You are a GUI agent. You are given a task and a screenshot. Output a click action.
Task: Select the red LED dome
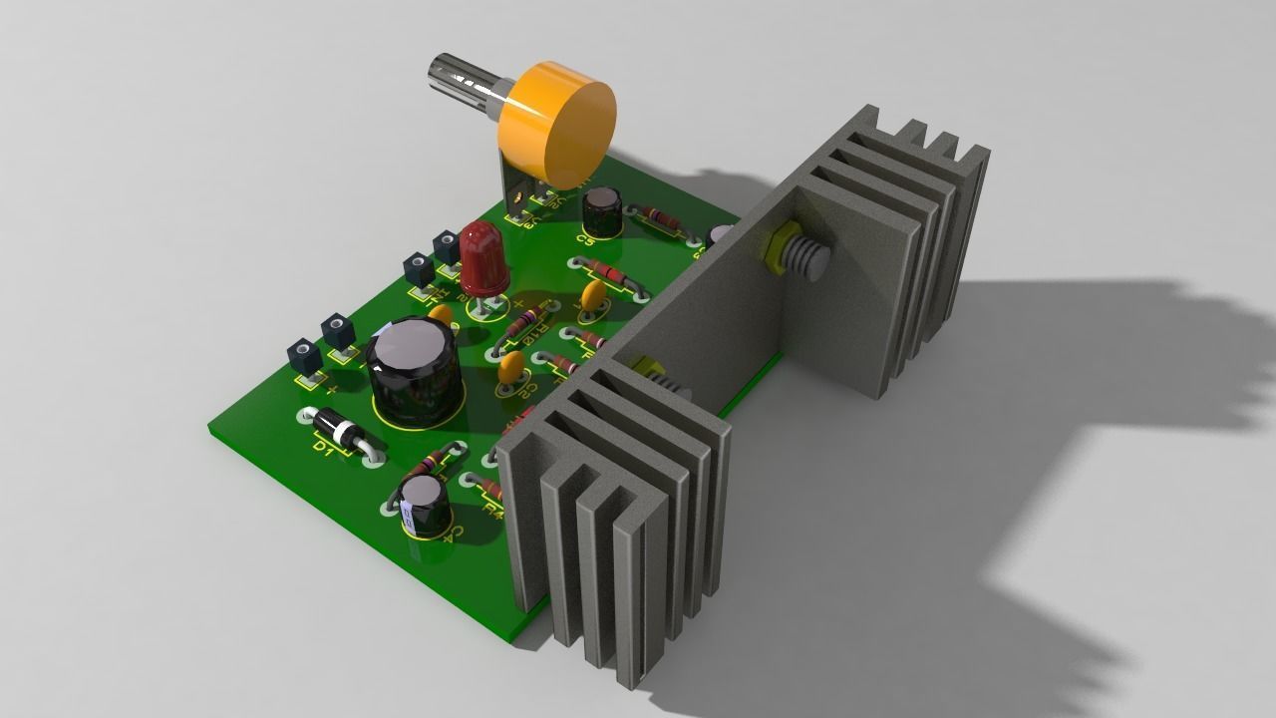483,253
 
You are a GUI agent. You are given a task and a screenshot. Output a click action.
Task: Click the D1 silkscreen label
321,449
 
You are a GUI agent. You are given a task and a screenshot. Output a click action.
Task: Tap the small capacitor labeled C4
424,505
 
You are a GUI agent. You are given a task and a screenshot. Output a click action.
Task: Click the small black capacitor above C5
602,208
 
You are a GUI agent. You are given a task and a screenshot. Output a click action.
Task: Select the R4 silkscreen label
491,509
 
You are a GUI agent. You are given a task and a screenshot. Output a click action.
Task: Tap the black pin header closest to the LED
447,246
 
